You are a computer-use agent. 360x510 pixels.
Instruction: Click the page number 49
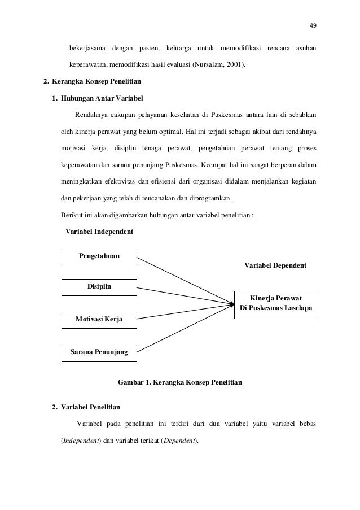point(313,24)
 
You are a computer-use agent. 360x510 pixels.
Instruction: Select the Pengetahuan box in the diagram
point(99,256)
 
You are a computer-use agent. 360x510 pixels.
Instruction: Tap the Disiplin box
point(99,287)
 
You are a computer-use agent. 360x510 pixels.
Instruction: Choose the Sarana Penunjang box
point(99,352)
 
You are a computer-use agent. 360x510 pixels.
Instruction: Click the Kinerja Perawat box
point(276,304)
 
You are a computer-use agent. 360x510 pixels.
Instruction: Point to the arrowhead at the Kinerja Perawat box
point(231,305)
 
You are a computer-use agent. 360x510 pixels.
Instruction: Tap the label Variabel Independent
point(99,232)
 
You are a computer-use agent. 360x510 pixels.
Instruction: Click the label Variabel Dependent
point(275,264)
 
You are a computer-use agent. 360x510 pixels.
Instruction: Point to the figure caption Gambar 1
point(179,383)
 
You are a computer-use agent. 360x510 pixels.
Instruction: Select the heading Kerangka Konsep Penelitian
point(93,82)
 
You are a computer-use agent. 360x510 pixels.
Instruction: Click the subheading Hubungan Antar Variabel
point(102,99)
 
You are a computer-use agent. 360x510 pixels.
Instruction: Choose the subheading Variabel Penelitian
point(90,407)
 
